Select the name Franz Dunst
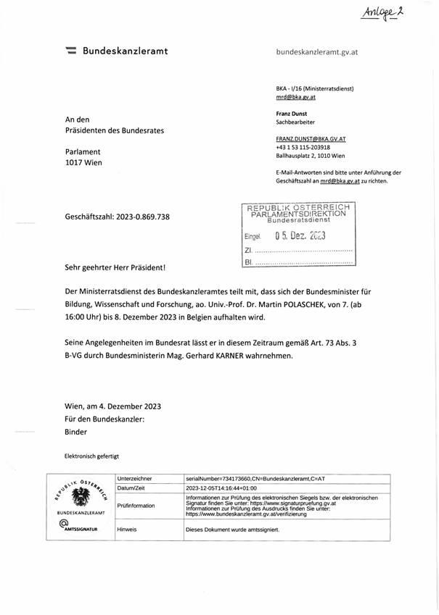click(x=292, y=114)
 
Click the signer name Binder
click(x=75, y=431)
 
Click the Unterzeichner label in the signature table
click(x=134, y=479)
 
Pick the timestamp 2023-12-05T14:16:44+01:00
click(x=226, y=488)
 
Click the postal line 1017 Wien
click(x=83, y=162)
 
